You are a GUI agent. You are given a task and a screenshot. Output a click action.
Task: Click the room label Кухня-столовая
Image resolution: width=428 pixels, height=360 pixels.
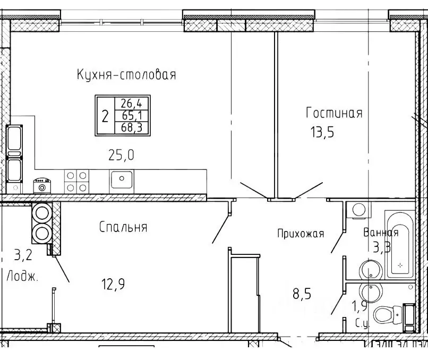(126, 75)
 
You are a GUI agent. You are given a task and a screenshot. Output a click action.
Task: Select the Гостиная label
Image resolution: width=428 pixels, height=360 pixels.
(334, 113)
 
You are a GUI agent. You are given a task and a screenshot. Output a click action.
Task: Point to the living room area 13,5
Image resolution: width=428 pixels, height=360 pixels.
(323, 132)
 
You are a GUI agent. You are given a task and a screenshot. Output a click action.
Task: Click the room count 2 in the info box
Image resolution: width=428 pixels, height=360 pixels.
(105, 115)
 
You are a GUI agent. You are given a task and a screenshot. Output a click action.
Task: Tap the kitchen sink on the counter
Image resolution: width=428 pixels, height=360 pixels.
(122, 180)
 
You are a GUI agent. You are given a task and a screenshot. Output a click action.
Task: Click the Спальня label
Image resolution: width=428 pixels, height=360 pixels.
(123, 227)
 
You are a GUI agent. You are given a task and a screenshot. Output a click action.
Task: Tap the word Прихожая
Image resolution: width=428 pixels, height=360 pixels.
(300, 233)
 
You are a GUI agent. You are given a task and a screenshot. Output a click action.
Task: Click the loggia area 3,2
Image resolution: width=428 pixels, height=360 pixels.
(22, 256)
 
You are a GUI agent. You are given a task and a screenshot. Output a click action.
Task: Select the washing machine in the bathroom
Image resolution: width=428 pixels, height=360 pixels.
(357, 209)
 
